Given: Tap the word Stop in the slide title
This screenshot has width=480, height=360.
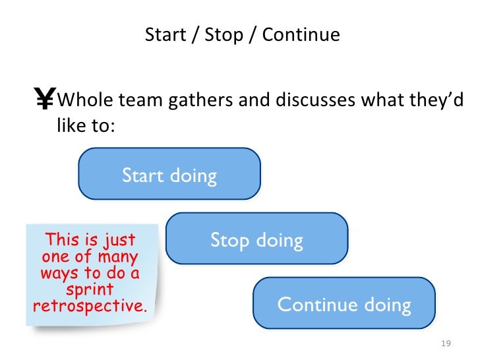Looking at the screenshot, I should point(224,34).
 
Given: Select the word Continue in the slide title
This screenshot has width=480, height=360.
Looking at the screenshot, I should point(301,34).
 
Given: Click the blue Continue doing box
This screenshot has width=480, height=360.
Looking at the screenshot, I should point(344,304).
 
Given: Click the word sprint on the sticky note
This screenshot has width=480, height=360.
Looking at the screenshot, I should point(90,290).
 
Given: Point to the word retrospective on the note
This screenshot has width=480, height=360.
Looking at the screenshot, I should point(90,307).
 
